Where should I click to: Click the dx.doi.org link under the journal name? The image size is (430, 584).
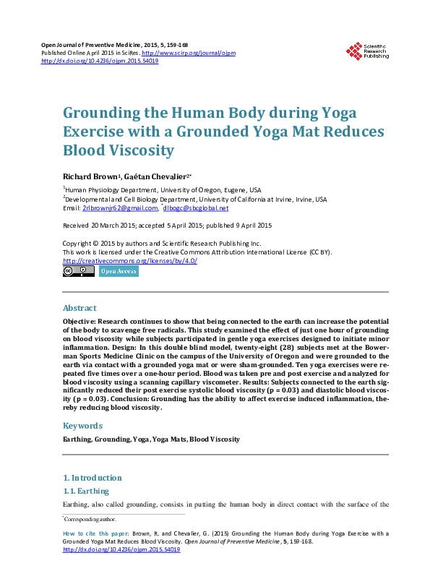100,61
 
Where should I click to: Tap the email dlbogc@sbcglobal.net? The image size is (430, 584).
197,208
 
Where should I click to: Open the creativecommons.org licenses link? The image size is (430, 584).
130,261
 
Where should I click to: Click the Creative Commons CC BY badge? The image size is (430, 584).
79,271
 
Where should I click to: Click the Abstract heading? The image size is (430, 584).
79,308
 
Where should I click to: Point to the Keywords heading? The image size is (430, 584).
82,426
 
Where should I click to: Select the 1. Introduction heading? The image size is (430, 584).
93,478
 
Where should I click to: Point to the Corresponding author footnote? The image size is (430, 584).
90,519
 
